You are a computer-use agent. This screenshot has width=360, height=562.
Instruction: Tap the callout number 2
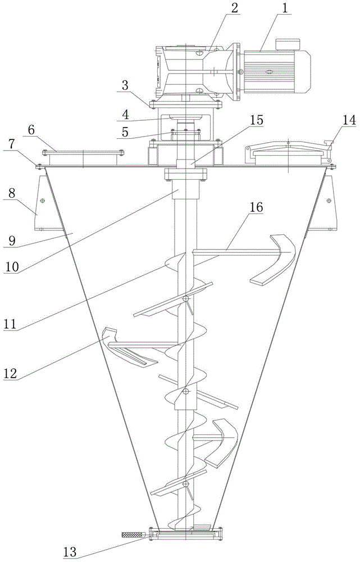[x=234, y=8]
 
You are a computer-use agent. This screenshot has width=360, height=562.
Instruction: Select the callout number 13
[x=70, y=552]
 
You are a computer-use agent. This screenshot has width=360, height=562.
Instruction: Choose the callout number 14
[x=349, y=121]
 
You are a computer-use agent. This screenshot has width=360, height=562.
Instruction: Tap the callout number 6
[x=31, y=130]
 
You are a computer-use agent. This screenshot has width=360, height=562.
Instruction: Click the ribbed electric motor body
[x=274, y=72]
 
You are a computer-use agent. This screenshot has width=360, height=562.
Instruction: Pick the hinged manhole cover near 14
[x=288, y=152]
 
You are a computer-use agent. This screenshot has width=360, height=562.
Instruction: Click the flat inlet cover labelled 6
[x=83, y=153]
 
